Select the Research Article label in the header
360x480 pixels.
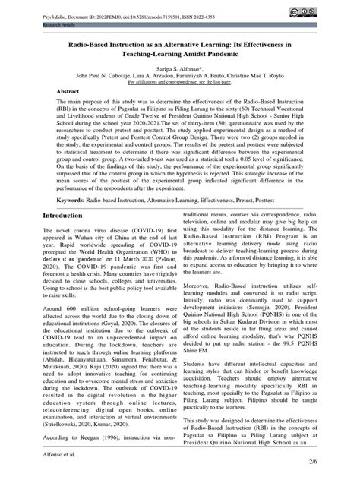point(29,24)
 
